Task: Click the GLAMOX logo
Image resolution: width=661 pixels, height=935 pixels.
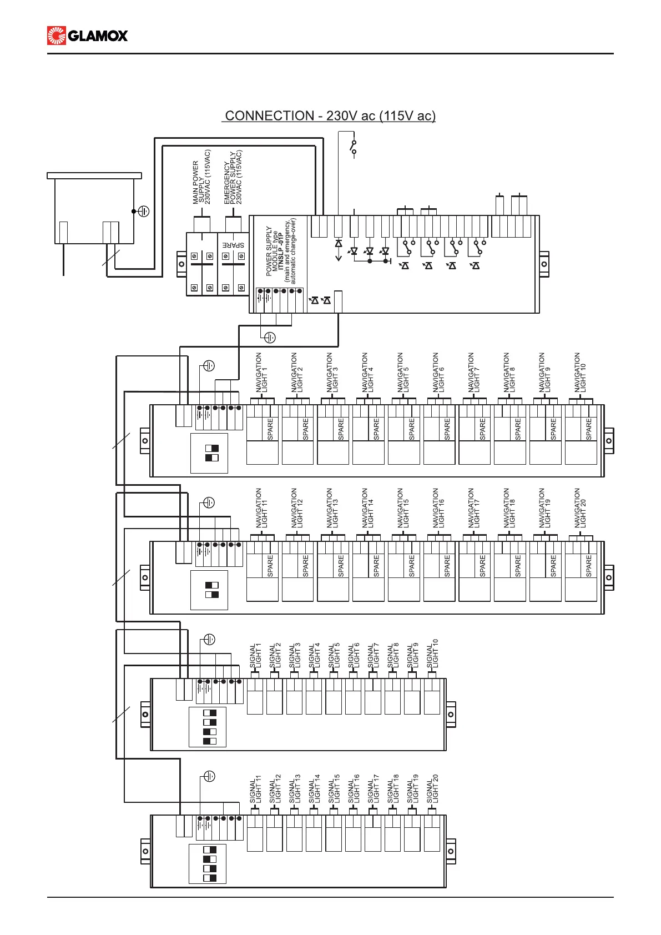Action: pyautogui.click(x=88, y=36)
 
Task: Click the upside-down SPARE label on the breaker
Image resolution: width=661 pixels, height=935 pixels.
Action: pyautogui.click(x=234, y=245)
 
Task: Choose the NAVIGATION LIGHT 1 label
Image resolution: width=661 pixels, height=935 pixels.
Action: pyautogui.click(x=261, y=373)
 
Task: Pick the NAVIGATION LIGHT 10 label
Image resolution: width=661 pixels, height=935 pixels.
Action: pyautogui.click(x=580, y=373)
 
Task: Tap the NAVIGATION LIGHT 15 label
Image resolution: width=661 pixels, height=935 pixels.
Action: pyautogui.click(x=403, y=509)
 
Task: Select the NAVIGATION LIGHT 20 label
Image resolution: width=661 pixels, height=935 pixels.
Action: pyautogui.click(x=580, y=509)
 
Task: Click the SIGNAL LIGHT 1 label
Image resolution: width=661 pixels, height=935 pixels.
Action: pyautogui.click(x=255, y=657)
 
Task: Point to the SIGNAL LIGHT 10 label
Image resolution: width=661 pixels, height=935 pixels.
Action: pyautogui.click(x=432, y=654)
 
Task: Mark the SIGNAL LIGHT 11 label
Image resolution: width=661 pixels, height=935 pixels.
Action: pyautogui.click(x=255, y=790)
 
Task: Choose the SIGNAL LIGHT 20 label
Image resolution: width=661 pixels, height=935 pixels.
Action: pyautogui.click(x=432, y=790)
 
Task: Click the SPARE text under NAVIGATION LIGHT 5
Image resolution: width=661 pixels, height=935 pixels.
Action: pyautogui.click(x=411, y=429)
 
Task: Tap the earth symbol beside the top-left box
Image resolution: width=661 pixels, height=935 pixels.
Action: pyautogui.click(x=144, y=211)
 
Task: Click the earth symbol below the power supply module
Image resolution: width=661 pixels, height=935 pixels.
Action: pyautogui.click(x=270, y=337)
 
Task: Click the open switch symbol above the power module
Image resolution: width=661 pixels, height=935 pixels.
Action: pyautogui.click(x=354, y=147)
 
